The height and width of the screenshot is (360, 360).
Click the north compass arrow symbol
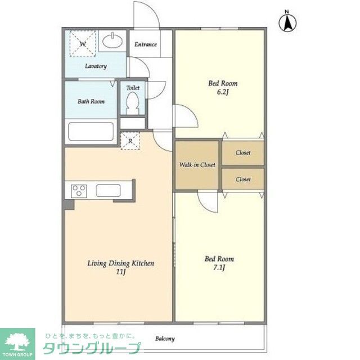(x=287, y=22)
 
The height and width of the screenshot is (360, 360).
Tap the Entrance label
(x=146, y=44)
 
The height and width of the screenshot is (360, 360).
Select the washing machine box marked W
(x=83, y=44)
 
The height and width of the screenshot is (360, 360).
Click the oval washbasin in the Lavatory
(x=112, y=42)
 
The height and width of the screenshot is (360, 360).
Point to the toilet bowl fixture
(x=133, y=103)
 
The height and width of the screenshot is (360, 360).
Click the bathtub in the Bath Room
(x=91, y=132)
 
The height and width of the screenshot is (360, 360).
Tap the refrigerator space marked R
(x=130, y=141)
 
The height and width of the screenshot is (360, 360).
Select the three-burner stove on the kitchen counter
(x=79, y=191)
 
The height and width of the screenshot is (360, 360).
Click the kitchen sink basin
(x=108, y=191)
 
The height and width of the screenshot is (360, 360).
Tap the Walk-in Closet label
(x=197, y=165)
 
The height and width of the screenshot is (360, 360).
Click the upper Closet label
(x=243, y=152)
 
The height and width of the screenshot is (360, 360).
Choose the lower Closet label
(x=243, y=179)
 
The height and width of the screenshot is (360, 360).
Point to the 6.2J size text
(x=223, y=92)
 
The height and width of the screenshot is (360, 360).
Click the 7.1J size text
(x=219, y=268)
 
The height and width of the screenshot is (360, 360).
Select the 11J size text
(x=121, y=272)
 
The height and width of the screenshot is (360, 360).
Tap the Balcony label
(x=165, y=339)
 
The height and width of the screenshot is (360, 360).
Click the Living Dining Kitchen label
(x=121, y=263)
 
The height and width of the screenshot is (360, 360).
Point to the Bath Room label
(x=91, y=101)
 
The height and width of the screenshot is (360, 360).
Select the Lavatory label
(x=96, y=66)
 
